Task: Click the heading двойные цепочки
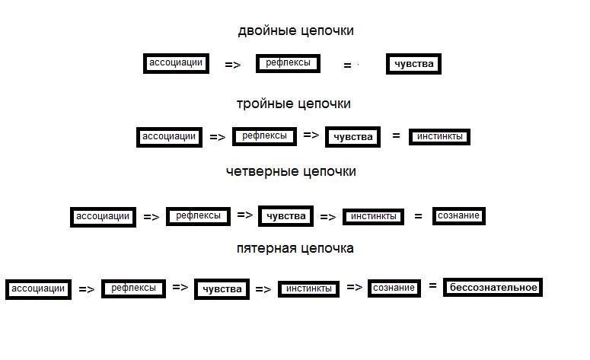pos(295,31)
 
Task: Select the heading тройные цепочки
pos(293,104)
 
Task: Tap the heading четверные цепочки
pos(291,171)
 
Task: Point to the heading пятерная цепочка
pos(295,248)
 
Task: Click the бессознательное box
pos(493,288)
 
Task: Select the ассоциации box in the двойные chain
pos(176,63)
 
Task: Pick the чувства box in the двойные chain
pos(413,64)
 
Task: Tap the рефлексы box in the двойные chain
pos(288,64)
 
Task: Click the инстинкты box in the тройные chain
pos(440,137)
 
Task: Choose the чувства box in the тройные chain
pos(352,137)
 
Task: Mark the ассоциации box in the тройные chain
pos(169,137)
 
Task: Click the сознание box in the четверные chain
pos(458,216)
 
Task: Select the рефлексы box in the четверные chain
pos(198,216)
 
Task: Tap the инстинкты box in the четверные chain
pos(373,217)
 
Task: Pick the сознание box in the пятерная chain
pos(394,288)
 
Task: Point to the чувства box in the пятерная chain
pos(222,289)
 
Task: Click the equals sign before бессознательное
pos(432,286)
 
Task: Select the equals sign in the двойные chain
pos(347,66)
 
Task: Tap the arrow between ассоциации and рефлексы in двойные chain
pos(233,65)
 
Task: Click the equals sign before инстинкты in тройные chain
pos(396,136)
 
